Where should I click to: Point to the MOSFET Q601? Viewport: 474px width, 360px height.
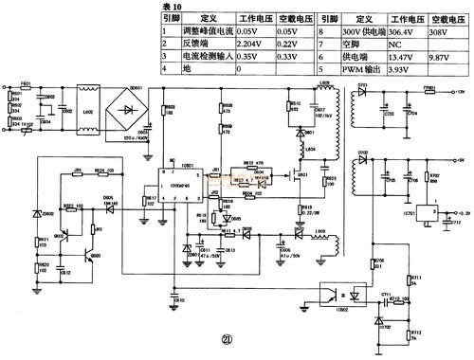(304, 180)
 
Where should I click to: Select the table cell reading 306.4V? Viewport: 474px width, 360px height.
(402, 30)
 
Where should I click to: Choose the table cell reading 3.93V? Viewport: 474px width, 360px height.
(402, 69)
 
